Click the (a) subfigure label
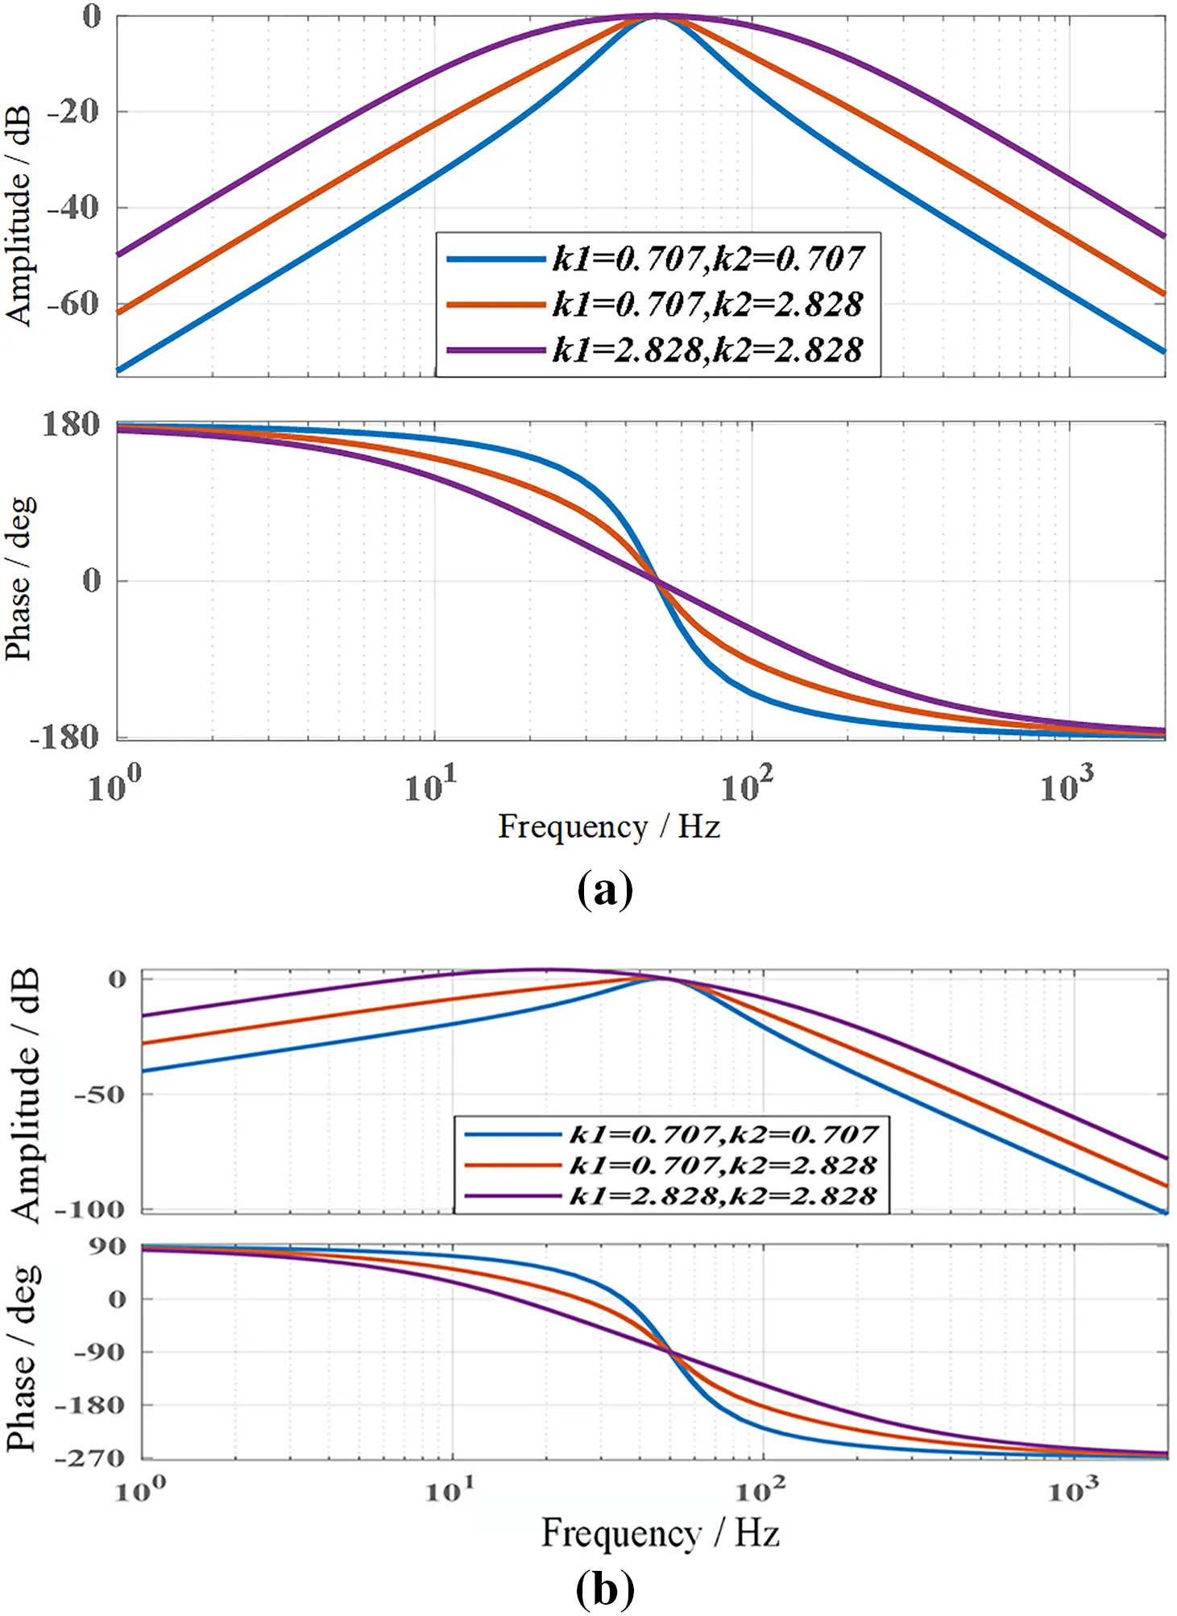(x=605, y=890)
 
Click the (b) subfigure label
(x=605, y=1589)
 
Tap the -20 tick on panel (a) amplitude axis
(x=73, y=111)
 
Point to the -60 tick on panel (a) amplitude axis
(x=73, y=304)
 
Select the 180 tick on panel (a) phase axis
(x=71, y=425)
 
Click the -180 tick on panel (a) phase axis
(x=64, y=736)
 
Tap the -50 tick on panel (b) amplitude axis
(x=99, y=1094)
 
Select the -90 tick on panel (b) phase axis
(x=99, y=1351)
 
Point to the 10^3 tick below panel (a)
(x=1067, y=784)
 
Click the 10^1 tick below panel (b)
(x=450, y=1490)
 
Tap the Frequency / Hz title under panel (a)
(x=608, y=827)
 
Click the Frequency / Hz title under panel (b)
(x=660, y=1533)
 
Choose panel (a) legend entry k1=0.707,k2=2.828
(x=707, y=305)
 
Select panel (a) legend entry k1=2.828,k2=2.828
(x=707, y=350)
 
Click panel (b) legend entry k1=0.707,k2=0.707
(x=723, y=1134)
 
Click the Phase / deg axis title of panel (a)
(x=19, y=578)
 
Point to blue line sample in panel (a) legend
(x=495, y=259)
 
